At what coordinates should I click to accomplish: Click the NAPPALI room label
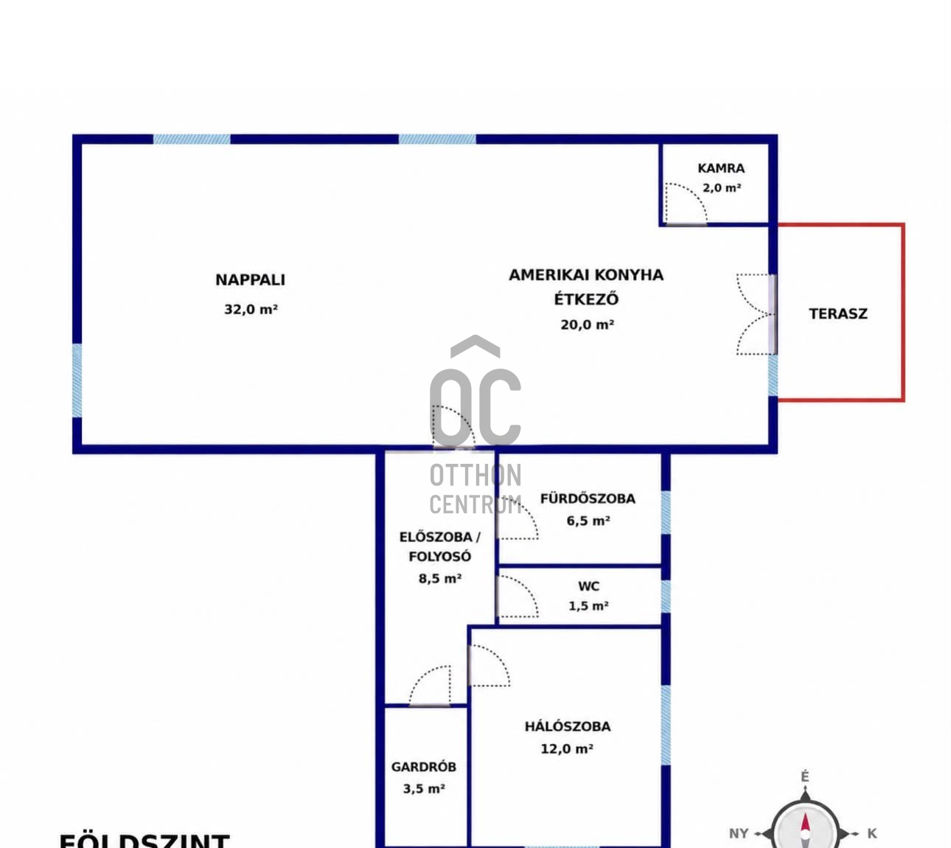250,280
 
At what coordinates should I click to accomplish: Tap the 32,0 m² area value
251,310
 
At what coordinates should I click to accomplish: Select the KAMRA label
721,168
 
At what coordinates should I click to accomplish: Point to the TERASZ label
838,313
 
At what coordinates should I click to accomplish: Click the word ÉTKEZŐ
586,299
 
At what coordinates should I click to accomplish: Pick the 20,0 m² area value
588,324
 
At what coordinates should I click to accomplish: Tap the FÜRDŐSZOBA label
588,498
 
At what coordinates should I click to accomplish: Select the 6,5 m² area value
588,521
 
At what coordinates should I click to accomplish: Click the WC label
588,586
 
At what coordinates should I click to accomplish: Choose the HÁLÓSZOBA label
568,726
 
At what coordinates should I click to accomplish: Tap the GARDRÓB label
423,767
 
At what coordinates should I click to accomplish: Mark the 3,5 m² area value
424,788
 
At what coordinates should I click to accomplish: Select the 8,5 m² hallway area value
440,578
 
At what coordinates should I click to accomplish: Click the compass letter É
805,777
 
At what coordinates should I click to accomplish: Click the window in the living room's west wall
77,380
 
